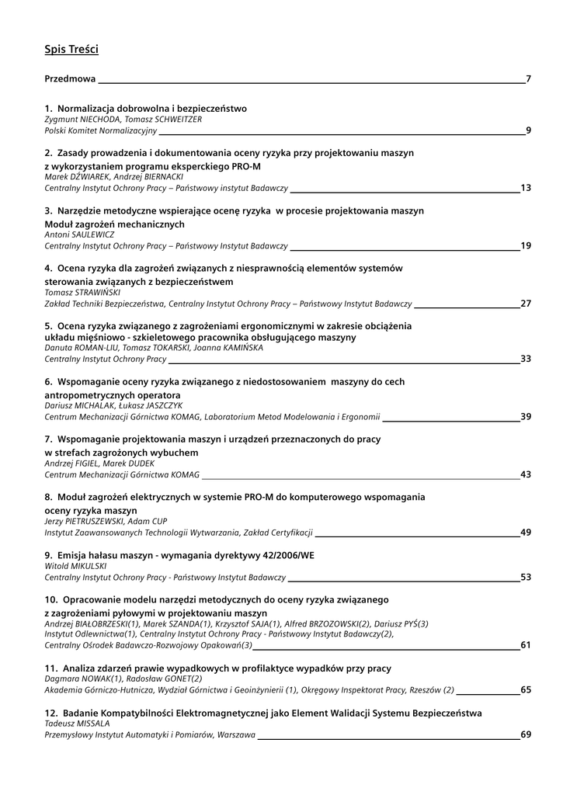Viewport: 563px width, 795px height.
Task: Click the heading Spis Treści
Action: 71,50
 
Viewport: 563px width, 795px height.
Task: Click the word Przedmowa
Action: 70,78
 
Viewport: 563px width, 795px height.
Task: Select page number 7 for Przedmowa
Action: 528,78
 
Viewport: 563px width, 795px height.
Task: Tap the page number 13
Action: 526,188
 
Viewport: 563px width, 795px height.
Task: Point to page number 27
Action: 526,304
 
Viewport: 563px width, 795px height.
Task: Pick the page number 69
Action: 526,734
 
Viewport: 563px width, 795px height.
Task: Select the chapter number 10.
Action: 51,599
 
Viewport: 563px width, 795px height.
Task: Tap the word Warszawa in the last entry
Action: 236,734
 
